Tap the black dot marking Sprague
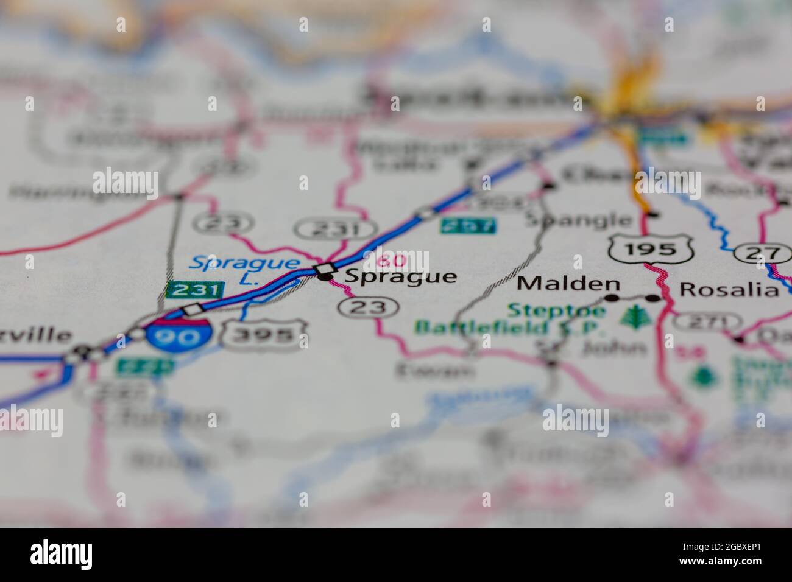point(326,278)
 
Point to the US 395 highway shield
point(264,334)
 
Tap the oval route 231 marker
point(336,230)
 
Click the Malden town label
point(568,284)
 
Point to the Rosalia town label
point(729,289)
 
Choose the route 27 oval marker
point(761,253)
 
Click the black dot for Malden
point(611,298)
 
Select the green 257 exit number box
point(467,226)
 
